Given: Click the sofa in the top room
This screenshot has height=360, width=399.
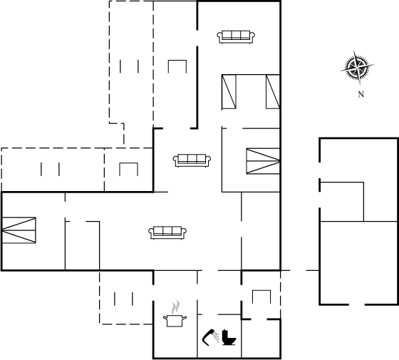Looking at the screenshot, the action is click(236, 37).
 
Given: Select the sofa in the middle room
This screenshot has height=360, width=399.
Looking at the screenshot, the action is click(192, 160).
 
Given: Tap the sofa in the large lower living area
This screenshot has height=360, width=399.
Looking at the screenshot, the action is click(167, 232).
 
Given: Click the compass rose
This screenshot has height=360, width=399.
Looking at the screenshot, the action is click(357, 68).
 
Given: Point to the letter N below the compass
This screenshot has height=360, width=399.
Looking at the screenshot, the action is click(361, 94).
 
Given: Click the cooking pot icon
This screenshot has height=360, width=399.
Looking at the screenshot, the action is click(175, 321).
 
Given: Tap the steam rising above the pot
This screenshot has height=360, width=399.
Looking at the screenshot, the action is click(175, 307).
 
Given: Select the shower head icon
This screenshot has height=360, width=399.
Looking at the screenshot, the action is click(210, 337).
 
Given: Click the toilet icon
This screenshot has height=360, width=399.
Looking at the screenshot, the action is click(229, 338).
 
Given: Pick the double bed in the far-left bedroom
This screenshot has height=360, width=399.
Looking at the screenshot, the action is click(19, 230).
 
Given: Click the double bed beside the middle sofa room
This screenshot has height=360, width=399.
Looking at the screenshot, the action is click(263, 161).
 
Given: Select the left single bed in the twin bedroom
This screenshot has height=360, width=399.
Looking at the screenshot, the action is click(229, 92).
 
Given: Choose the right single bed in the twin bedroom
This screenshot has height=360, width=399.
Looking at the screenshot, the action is click(273, 92).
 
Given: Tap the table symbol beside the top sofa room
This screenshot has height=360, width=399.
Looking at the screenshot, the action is click(177, 61).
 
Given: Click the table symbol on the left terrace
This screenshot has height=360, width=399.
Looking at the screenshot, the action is click(128, 163).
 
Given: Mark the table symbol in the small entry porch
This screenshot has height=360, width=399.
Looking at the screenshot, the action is click(261, 290).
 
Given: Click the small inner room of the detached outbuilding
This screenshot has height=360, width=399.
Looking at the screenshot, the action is click(342, 202).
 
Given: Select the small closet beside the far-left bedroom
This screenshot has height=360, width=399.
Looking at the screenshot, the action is click(82, 245).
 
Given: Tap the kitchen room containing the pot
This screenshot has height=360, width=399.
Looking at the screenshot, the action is click(175, 314).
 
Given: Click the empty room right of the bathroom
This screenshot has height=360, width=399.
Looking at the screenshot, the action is click(261, 339).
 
